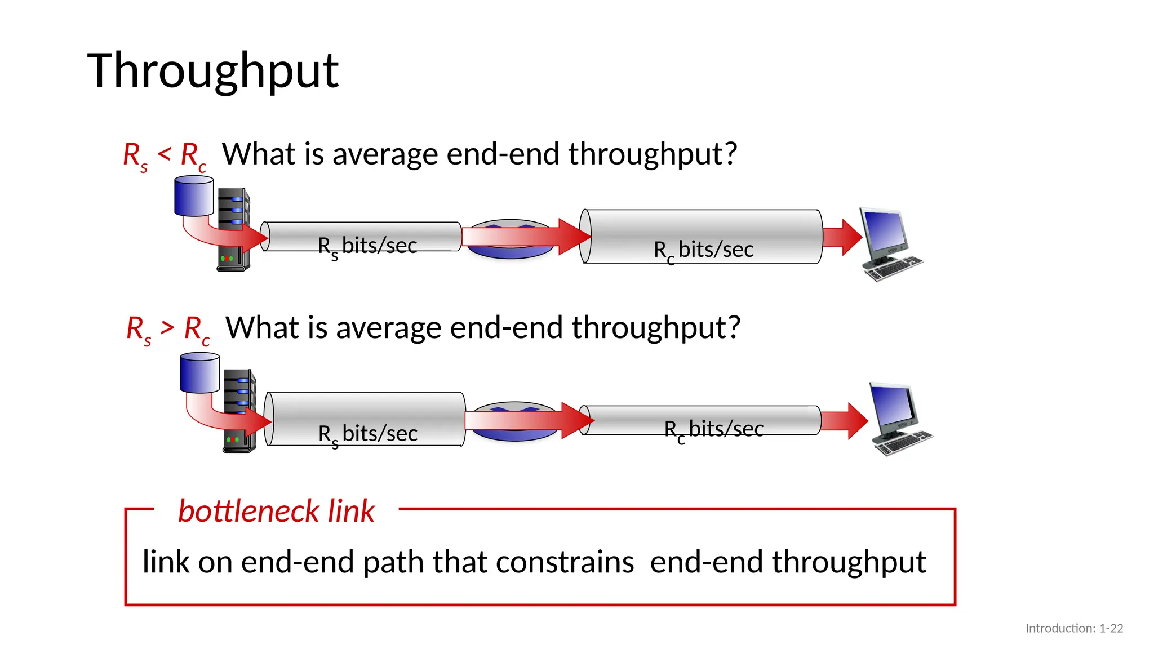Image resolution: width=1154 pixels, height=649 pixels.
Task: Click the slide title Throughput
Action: pos(213,72)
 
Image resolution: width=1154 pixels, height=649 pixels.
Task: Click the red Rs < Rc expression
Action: pos(165,155)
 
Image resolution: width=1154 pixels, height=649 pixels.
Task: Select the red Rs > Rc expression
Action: pos(168,329)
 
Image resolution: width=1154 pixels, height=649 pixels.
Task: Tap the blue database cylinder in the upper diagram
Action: pos(194,195)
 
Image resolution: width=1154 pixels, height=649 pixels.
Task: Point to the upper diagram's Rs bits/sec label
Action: pos(367,247)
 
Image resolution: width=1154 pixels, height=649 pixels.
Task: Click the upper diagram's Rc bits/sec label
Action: pos(703,250)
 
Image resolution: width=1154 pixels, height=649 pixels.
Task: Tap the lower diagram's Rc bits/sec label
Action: pos(714,430)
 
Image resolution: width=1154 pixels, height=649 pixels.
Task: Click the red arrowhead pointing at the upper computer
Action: pos(850,237)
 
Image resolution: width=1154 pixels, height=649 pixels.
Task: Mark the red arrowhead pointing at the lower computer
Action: pos(855,421)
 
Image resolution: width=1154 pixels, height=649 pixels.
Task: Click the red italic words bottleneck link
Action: pos(276,511)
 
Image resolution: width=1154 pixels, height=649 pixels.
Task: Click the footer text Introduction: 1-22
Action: pos(1074,628)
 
